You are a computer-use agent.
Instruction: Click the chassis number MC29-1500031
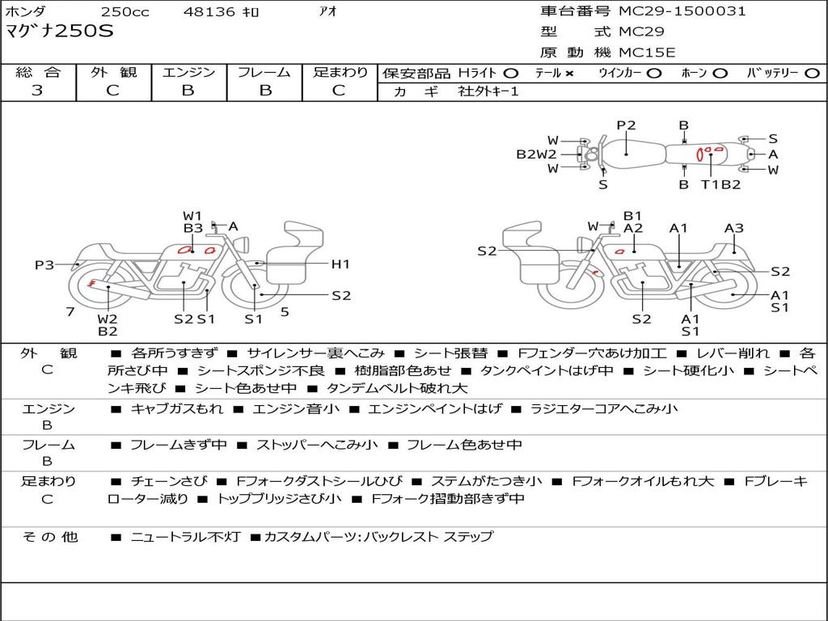point(682,11)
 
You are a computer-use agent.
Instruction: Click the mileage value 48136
point(209,12)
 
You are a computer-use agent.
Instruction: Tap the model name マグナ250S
point(61,32)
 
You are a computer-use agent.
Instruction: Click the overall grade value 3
point(37,91)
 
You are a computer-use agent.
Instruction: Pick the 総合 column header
point(38,73)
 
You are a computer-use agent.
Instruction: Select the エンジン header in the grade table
point(188,73)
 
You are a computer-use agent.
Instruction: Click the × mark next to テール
point(569,74)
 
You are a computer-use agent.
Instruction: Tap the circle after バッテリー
point(813,74)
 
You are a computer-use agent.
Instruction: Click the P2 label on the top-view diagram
point(626,125)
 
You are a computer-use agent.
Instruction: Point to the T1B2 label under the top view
point(720,184)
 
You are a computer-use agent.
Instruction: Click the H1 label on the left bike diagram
point(340,264)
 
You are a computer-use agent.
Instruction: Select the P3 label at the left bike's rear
point(44,264)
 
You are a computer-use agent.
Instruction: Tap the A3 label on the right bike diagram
point(733,228)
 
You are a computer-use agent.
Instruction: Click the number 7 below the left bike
point(70,311)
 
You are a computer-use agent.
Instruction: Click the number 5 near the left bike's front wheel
point(285,311)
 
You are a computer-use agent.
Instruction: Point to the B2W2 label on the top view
point(537,154)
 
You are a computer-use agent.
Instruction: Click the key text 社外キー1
point(488,91)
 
